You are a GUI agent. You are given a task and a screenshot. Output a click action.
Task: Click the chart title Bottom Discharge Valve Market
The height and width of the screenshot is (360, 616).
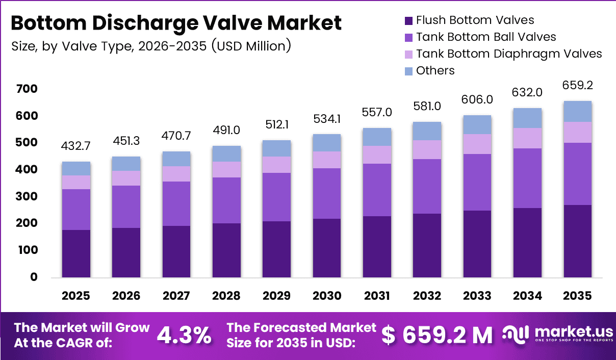[x=176, y=23]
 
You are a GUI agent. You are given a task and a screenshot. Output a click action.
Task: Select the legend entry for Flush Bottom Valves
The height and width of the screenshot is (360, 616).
[x=475, y=20]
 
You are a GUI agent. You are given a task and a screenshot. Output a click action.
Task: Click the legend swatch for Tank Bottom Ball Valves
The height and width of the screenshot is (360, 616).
[x=408, y=37]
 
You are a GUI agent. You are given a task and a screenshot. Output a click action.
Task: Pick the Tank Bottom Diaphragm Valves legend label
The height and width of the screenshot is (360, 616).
[x=509, y=54]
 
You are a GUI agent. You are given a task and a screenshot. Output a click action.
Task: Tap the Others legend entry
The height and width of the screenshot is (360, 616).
[x=435, y=70]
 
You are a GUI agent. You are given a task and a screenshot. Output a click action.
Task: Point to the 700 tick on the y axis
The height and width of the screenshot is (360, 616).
[x=27, y=89]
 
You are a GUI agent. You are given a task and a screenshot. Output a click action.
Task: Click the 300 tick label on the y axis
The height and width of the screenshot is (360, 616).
[x=27, y=196]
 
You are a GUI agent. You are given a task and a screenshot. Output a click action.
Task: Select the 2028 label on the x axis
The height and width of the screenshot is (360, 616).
[x=226, y=296]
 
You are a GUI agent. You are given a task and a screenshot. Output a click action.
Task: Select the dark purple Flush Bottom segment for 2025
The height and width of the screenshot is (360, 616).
[x=76, y=253]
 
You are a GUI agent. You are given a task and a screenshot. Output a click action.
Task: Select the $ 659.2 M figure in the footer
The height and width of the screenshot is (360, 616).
[x=437, y=335]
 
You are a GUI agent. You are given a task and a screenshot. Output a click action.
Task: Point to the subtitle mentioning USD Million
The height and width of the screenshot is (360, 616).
[x=151, y=46]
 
